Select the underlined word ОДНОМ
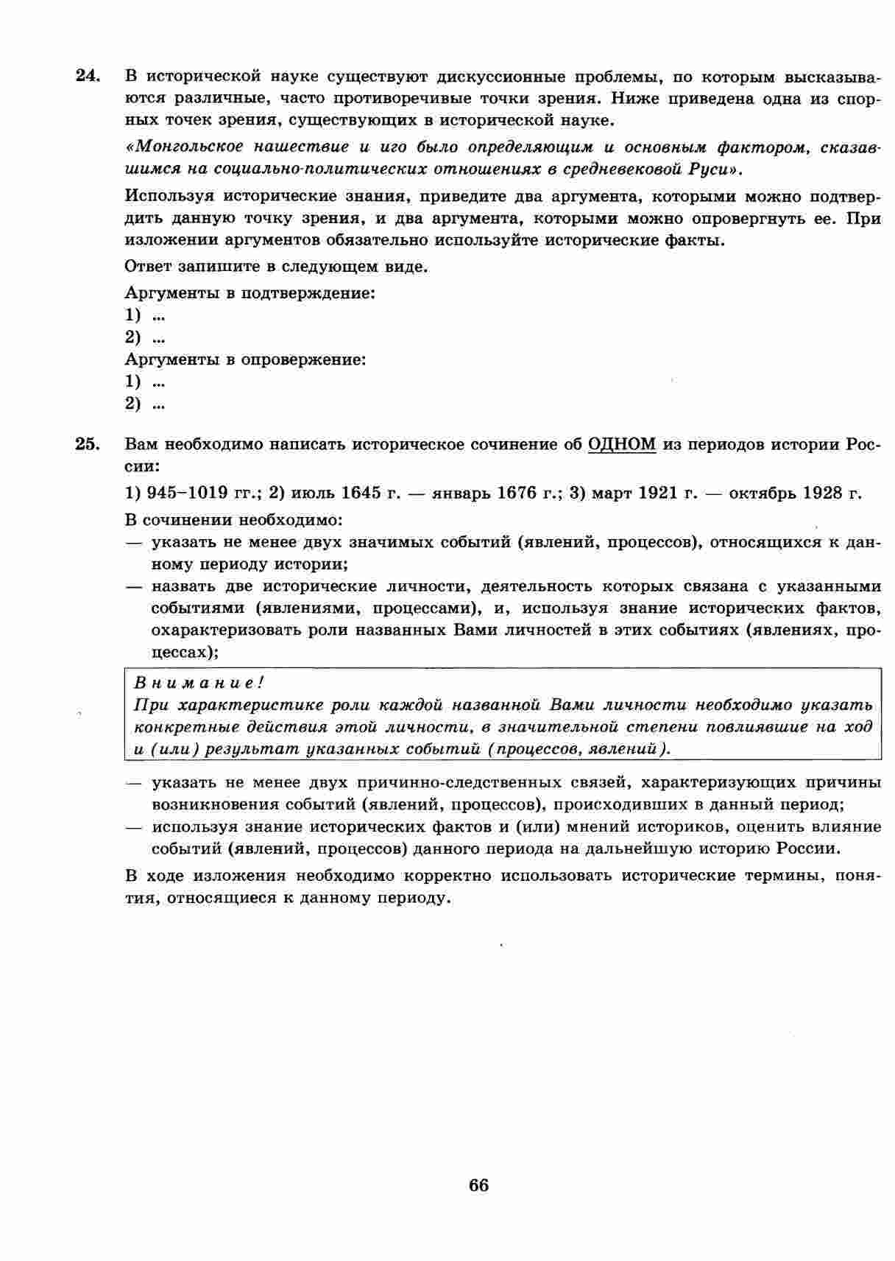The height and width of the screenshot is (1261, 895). [x=622, y=444]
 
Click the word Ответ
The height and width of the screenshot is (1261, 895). [x=147, y=267]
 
